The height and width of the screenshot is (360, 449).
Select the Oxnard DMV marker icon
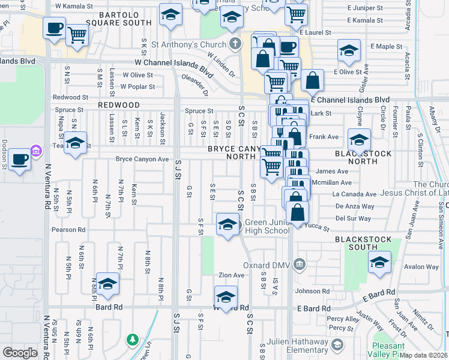(299, 265)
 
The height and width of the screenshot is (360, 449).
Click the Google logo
(20, 353)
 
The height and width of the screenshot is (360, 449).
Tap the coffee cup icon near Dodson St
(19, 160)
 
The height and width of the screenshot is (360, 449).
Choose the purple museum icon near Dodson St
(35, 150)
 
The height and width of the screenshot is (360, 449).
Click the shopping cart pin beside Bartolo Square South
(76, 34)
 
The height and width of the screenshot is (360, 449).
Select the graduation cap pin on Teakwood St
(75, 143)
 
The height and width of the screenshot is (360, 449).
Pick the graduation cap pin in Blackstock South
(379, 262)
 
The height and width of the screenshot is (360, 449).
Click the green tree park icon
(132, 340)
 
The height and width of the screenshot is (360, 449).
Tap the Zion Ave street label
(231, 275)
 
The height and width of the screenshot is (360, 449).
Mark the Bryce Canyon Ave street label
(142, 160)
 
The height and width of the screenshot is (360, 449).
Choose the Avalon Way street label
(419, 268)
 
